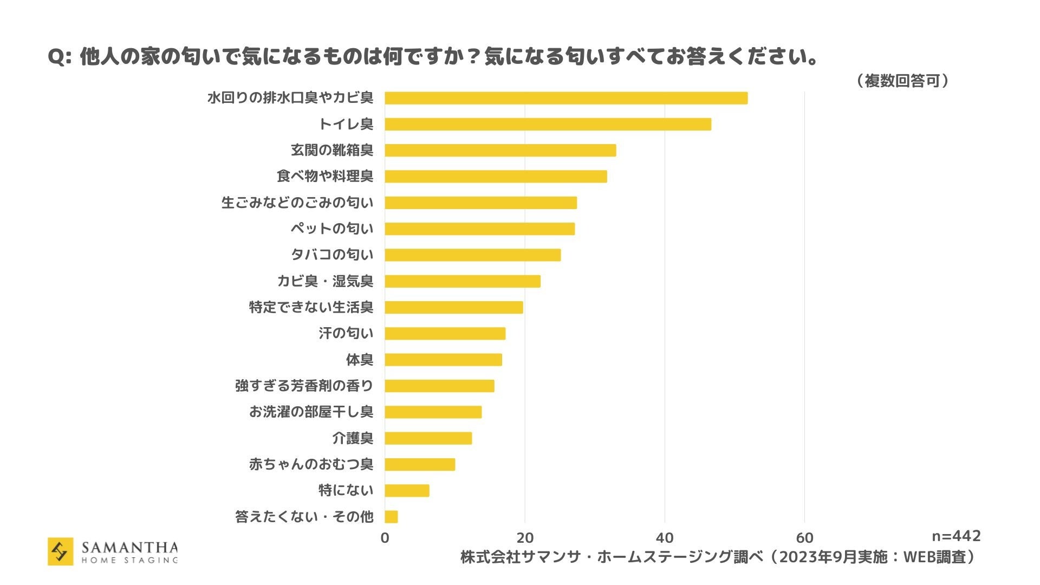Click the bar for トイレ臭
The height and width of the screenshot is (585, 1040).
click(547, 124)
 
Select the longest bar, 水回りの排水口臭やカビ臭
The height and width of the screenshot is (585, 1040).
click(565, 98)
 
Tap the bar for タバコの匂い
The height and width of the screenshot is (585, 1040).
click(472, 255)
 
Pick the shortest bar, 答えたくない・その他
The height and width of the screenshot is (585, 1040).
click(391, 517)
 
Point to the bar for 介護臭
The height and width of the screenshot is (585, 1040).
click(428, 438)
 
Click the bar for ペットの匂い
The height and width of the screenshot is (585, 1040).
click(479, 229)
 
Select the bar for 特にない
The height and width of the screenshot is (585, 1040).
click(407, 491)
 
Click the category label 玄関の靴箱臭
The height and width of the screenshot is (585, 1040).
click(331, 150)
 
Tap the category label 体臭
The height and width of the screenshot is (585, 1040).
click(359, 360)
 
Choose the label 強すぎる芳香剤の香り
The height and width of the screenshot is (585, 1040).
click(304, 386)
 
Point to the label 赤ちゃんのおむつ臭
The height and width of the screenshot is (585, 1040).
click(311, 464)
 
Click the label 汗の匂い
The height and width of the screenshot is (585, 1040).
click(346, 333)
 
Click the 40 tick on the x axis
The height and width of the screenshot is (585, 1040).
click(664, 538)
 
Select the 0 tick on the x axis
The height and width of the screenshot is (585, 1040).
click(385, 538)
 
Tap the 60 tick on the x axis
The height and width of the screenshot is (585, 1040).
click(804, 538)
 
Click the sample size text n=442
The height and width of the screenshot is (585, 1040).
click(956, 536)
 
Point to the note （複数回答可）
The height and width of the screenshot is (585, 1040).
click(902, 81)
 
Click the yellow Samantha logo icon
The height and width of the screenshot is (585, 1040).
click(60, 551)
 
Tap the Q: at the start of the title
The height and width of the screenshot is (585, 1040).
click(60, 57)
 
